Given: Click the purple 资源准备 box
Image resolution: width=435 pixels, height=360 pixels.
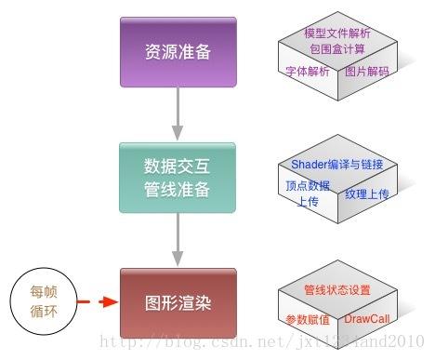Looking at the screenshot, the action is [x=178, y=51].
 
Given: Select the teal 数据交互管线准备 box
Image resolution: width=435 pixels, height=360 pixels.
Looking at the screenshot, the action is [x=178, y=178].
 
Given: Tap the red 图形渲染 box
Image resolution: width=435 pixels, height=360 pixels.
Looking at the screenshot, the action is [x=178, y=302].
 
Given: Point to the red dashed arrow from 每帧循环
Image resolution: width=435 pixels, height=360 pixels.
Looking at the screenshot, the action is [x=97, y=302].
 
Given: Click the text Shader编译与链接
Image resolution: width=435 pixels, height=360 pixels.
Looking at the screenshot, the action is [x=343, y=165].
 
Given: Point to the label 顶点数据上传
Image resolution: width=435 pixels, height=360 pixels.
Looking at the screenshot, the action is [x=308, y=193].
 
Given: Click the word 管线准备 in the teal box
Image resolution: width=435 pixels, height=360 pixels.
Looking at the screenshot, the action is [x=178, y=190].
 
